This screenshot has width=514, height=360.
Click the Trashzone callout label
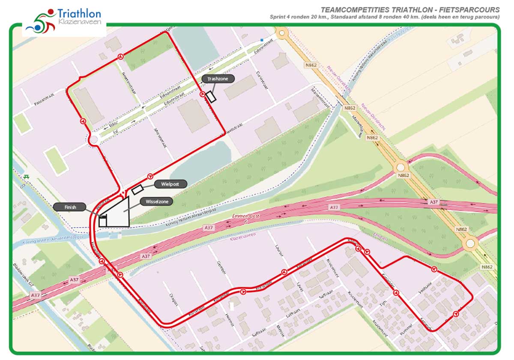[x=218, y=79]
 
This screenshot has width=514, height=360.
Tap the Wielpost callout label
[x=170, y=184]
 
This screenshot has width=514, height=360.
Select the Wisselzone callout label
[x=156, y=201]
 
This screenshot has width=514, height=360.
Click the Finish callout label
[x=70, y=207]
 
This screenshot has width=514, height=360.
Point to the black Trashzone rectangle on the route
[x=210, y=96]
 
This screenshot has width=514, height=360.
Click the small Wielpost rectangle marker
[x=137, y=189]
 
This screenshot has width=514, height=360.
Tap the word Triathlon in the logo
[x=79, y=14]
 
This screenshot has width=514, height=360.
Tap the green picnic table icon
[x=27, y=177]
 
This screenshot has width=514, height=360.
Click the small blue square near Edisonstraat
[x=262, y=41]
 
